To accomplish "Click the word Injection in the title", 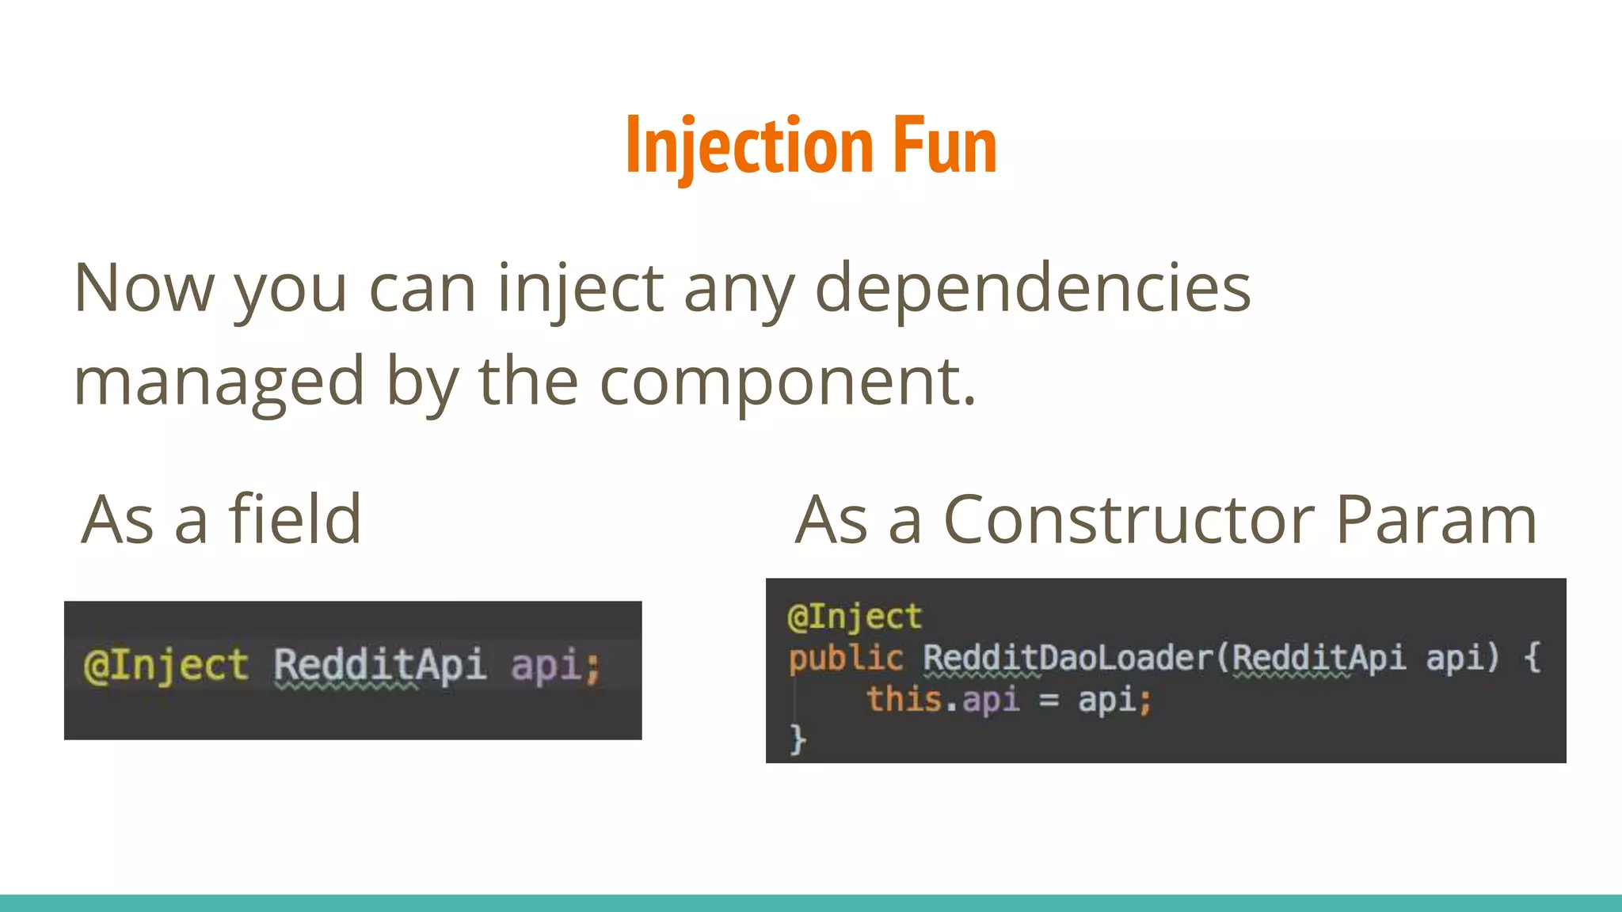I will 749,146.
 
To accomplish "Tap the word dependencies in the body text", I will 1033,290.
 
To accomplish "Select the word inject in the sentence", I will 580,290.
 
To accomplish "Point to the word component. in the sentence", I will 787,382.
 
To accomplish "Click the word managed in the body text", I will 219,382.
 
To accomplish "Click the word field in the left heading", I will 295,520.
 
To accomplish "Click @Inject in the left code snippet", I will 166,665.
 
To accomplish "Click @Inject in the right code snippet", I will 855,617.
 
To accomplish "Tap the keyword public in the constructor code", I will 845,659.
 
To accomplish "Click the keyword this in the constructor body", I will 904,700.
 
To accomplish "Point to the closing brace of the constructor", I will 798,739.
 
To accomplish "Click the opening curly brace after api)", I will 1532,659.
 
